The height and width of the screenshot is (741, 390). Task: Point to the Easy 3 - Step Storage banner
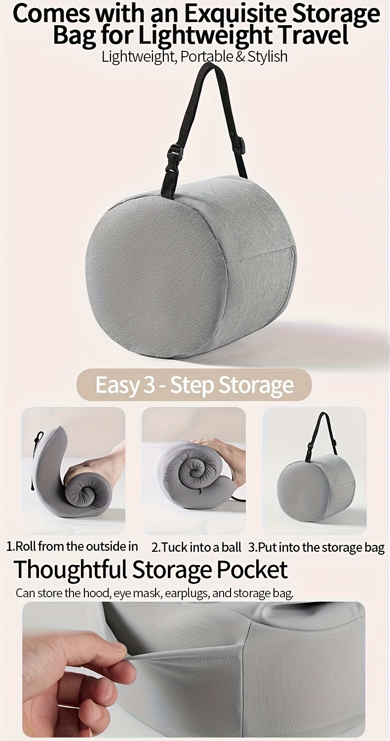pos(194,385)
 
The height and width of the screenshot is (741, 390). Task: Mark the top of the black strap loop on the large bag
pos(209,66)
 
